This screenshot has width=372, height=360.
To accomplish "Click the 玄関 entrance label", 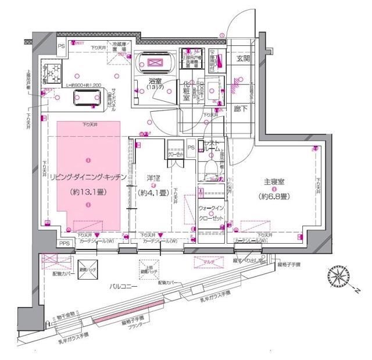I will (242, 59).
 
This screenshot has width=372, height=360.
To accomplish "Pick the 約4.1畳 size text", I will (153, 193).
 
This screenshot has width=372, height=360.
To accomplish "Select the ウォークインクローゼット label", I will (210, 212).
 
